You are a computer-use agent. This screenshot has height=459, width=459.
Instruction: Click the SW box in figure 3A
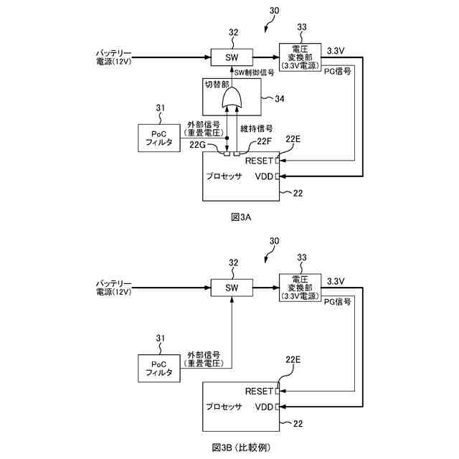click(232, 57)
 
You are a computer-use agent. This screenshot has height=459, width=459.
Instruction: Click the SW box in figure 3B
click(232, 288)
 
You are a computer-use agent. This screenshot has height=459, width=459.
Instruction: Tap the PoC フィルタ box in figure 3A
click(159, 138)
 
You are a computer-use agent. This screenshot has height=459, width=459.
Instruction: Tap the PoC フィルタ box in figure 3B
click(159, 368)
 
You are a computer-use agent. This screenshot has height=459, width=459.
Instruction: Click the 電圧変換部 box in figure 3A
click(300, 57)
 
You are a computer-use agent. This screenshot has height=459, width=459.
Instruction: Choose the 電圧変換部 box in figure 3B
click(300, 288)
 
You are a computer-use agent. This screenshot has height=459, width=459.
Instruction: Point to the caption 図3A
click(241, 217)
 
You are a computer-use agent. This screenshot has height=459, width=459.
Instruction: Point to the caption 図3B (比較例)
click(241, 448)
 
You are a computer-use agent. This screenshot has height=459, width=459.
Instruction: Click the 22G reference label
click(197, 145)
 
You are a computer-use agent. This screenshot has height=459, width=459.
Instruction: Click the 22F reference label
click(265, 141)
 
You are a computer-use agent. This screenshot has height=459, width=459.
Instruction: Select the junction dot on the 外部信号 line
click(227, 138)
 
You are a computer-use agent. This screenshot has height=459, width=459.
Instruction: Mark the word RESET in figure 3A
click(259, 161)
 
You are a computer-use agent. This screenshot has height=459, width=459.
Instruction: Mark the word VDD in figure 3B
click(264, 407)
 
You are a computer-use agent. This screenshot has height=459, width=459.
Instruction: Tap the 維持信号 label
click(257, 128)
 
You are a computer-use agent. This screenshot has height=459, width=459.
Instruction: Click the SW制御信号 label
click(254, 72)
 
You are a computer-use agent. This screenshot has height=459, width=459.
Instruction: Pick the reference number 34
click(279, 99)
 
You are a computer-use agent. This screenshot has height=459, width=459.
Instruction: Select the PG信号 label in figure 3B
click(338, 302)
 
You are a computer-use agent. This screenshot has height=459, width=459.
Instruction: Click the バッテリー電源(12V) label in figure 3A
click(114, 57)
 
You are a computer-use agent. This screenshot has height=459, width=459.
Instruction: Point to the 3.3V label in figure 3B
click(336, 281)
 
